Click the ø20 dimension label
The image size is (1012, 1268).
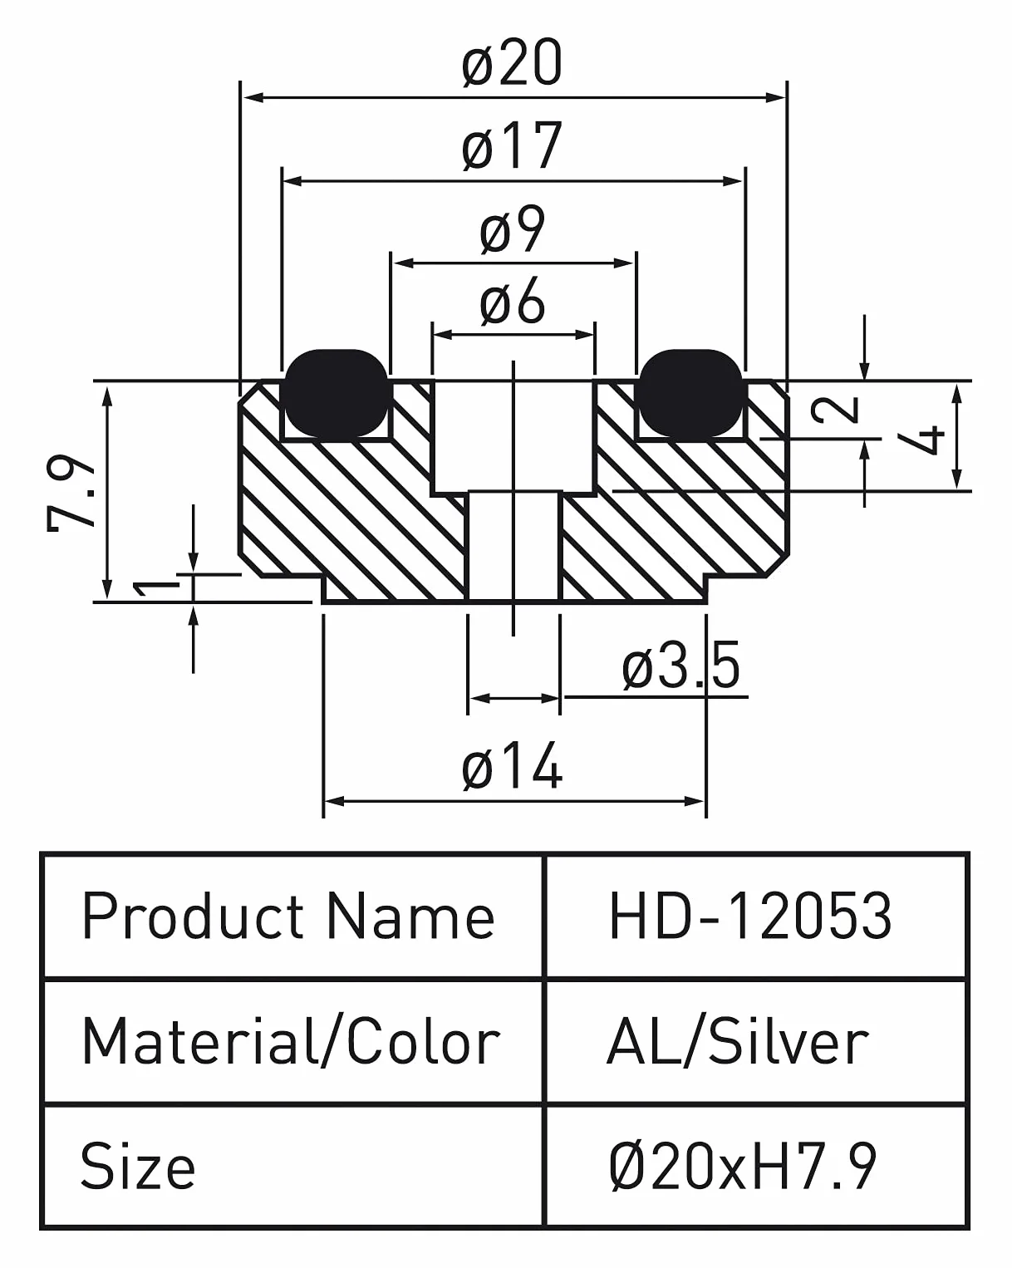point(512,62)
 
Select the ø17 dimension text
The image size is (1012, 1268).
point(512,145)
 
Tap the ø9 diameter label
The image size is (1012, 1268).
point(512,230)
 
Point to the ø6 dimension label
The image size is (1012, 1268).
point(512,301)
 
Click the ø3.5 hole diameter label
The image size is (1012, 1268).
point(680,666)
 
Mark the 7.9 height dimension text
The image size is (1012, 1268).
point(71,494)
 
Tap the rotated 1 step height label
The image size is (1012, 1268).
point(156,587)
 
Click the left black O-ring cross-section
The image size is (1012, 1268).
point(336,392)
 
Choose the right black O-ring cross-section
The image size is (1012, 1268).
point(690,392)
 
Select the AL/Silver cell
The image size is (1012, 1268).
point(737,1042)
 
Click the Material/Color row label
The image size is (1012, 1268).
point(291,1042)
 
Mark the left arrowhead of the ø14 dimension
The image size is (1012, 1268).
point(336,801)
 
